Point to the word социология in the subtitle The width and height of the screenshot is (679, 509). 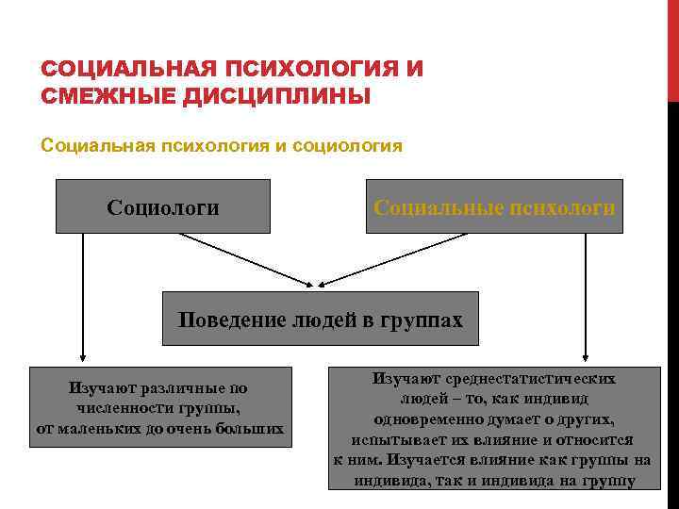click(x=348, y=146)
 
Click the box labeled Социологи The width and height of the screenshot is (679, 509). click(x=163, y=206)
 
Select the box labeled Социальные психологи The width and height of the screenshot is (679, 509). click(x=494, y=206)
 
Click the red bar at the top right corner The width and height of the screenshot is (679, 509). click(x=672, y=47)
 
